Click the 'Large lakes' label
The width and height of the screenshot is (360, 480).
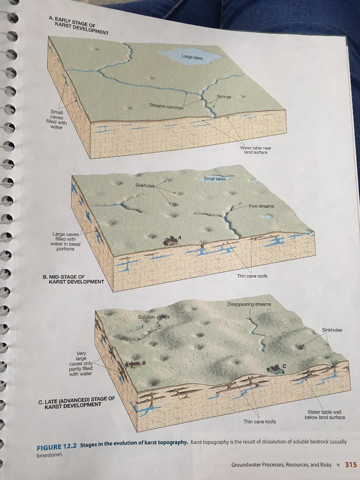pyautogui.click(x=192, y=57)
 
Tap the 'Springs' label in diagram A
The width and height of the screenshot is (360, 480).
pyautogui.click(x=224, y=97)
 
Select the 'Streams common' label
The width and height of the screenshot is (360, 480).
pyautogui.click(x=166, y=106)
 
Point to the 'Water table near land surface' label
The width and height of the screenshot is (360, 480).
pyautogui.click(x=255, y=150)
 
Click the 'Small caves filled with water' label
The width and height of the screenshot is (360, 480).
pyautogui.click(x=56, y=120)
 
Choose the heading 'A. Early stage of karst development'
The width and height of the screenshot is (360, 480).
pyautogui.click(x=79, y=26)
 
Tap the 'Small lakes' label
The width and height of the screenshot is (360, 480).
pyautogui.click(x=215, y=179)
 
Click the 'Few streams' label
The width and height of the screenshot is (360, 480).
pyautogui.click(x=261, y=206)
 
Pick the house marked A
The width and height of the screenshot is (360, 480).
pyautogui.click(x=171, y=241)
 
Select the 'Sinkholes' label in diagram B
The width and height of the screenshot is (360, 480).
pyautogui.click(x=145, y=185)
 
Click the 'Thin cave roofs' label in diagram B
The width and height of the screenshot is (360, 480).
pyautogui.click(x=252, y=276)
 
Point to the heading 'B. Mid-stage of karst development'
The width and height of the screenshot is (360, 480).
pyautogui.click(x=73, y=279)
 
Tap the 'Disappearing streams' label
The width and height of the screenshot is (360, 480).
pyautogui.click(x=249, y=304)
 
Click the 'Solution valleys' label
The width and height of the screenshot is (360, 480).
pyautogui.click(x=154, y=317)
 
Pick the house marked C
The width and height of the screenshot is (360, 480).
pyautogui.click(x=276, y=369)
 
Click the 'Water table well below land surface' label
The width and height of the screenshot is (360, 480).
pyautogui.click(x=324, y=414)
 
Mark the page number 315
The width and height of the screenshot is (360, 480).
pyautogui.click(x=351, y=465)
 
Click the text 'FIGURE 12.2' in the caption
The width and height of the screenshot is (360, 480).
pyautogui.click(x=57, y=447)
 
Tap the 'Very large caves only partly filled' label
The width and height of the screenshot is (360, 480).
pyautogui.click(x=81, y=363)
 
